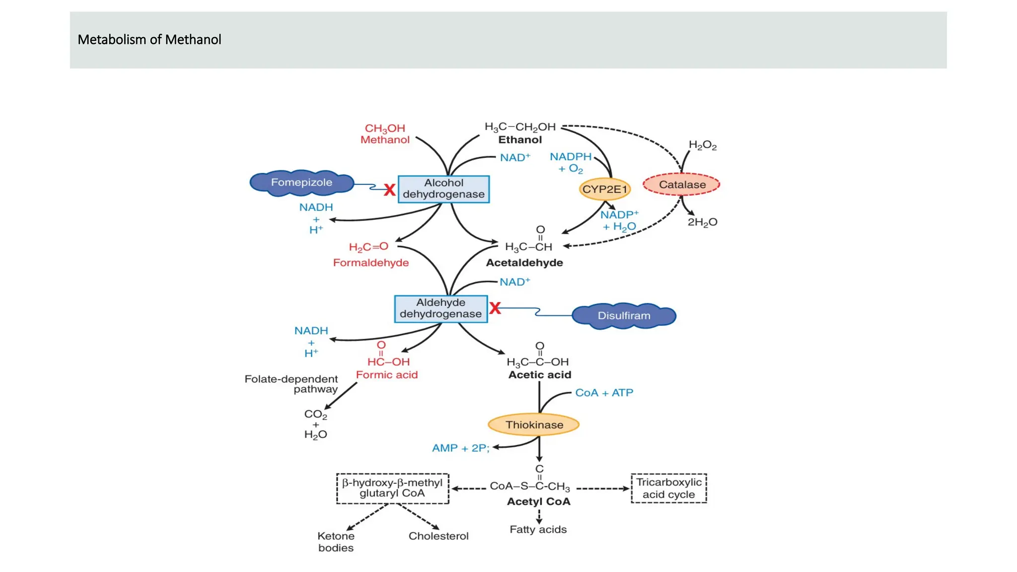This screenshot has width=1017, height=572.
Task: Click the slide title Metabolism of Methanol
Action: point(149,40)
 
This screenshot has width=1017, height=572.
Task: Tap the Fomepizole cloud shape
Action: point(301,183)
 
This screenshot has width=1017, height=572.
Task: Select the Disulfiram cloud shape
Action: point(624,316)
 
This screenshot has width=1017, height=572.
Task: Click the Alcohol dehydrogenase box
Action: point(443,189)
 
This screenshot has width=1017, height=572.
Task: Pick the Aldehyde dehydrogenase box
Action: point(440,308)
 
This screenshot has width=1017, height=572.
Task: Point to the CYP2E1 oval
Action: point(604,189)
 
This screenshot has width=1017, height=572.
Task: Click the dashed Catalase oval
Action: point(681,185)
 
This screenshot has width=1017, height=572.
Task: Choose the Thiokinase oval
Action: point(534,425)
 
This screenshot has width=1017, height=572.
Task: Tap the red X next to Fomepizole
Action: point(390,190)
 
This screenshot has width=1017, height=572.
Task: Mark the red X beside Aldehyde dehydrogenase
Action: point(495,308)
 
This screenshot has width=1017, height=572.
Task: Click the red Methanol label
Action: point(385,140)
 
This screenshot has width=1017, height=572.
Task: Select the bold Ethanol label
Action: point(520,140)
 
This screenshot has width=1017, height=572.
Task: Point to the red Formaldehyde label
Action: point(371,263)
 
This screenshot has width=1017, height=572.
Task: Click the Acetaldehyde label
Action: point(524,263)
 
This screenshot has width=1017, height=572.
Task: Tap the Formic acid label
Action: point(387,375)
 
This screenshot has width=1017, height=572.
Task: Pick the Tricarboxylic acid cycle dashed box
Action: point(668,489)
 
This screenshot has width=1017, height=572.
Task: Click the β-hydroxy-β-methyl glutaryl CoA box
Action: point(392,489)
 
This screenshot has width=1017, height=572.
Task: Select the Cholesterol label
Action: point(438,536)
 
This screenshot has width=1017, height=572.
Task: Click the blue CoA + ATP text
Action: point(604,393)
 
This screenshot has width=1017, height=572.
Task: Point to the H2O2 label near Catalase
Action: point(702,145)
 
